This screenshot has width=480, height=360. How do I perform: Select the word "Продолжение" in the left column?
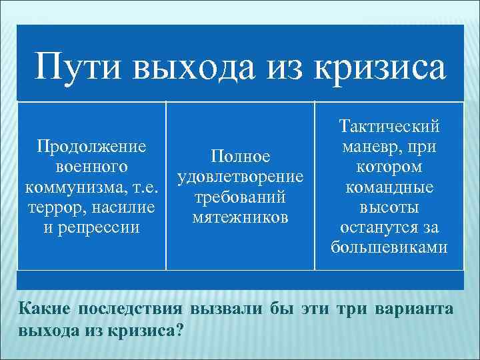(x=92, y=146)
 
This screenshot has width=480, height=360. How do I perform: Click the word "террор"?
(x=52, y=207)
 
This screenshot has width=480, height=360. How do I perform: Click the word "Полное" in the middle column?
(x=240, y=157)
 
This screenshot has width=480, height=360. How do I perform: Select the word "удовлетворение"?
(x=240, y=177)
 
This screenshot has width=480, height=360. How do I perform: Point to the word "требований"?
(x=240, y=197)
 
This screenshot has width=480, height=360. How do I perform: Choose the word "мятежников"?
(x=240, y=217)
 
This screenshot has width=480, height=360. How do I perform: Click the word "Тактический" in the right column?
(x=389, y=126)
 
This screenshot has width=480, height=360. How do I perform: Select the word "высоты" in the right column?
(x=389, y=207)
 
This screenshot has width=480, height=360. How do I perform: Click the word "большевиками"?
(x=389, y=248)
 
